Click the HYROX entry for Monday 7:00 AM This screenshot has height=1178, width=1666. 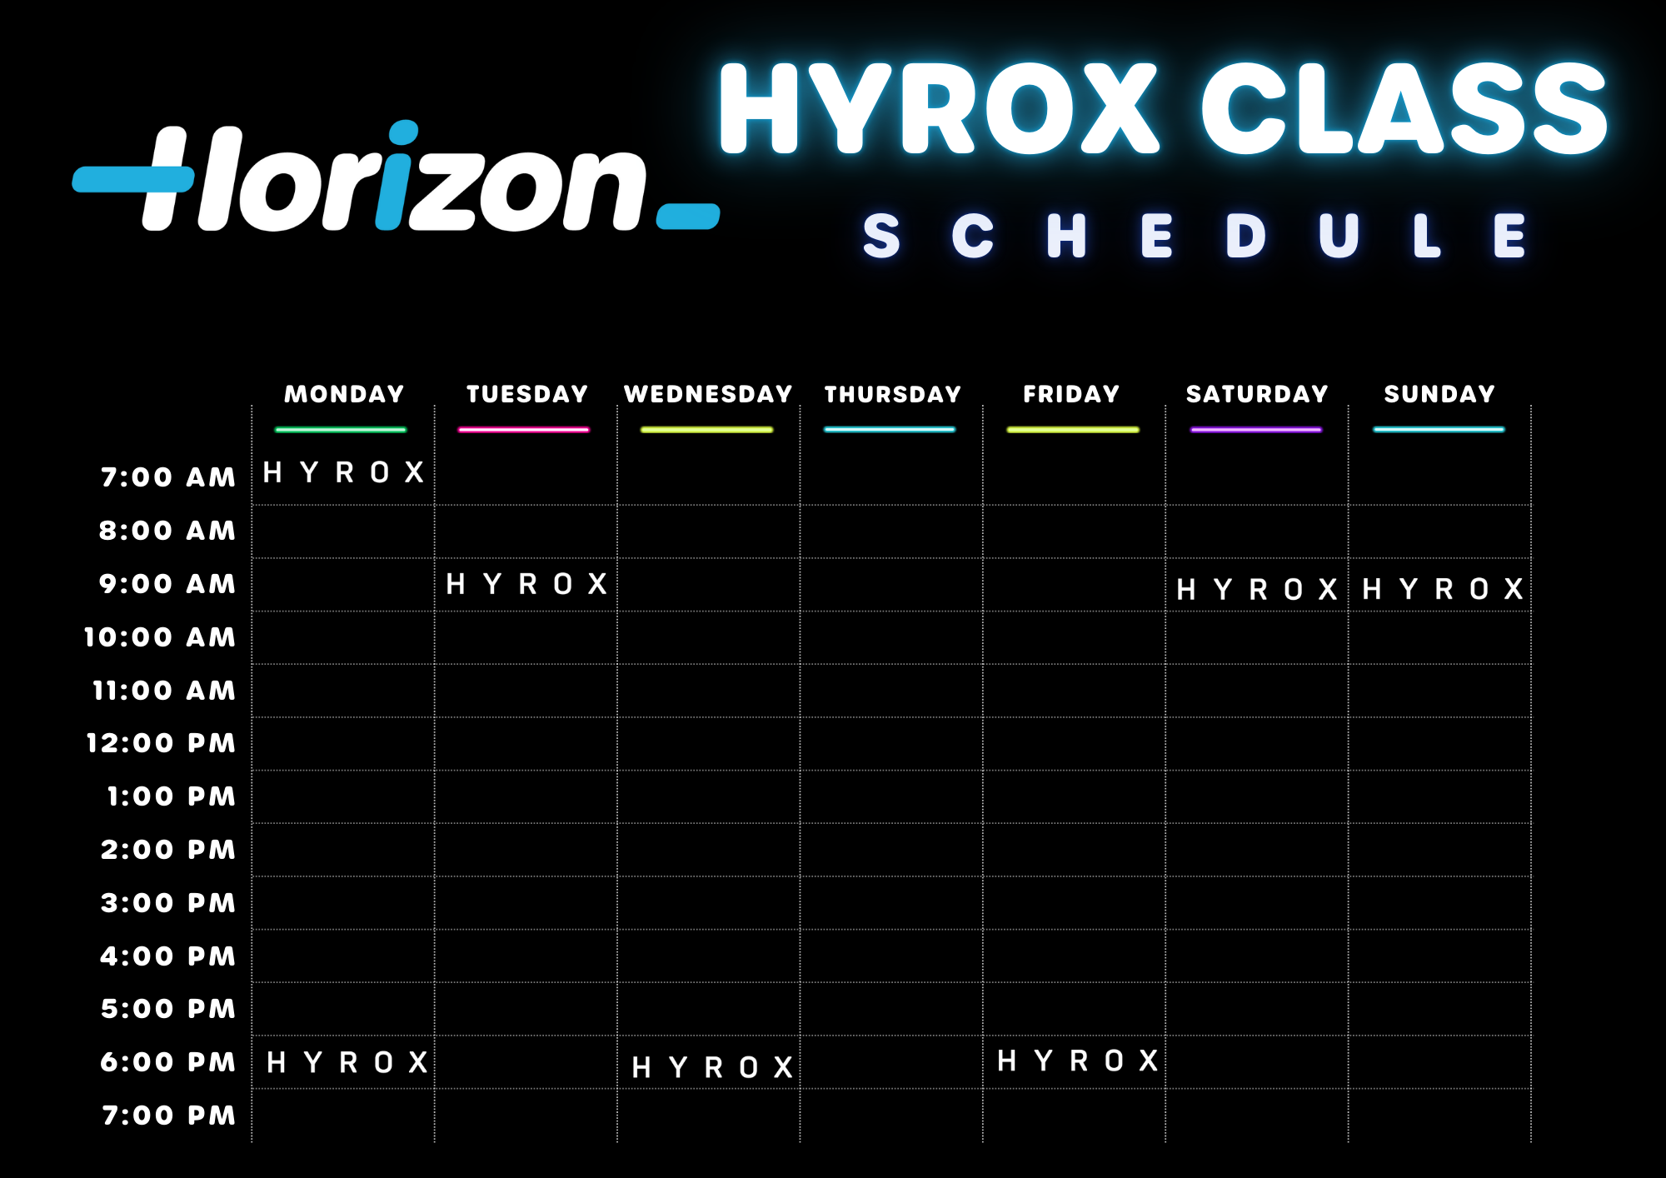point(343,472)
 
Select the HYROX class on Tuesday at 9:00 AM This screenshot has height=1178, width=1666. point(526,584)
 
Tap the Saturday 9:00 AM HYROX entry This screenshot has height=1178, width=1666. point(1256,590)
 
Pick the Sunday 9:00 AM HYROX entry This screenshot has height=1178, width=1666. point(1442,589)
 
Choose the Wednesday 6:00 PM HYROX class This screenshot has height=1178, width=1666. point(712,1067)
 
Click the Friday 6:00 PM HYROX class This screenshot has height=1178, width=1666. point(1077,1061)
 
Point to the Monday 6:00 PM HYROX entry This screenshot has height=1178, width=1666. point(347,1062)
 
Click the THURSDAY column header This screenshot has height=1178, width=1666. point(892,394)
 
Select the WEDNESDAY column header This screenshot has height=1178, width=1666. point(708,394)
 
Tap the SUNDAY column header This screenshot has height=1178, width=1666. point(1439,394)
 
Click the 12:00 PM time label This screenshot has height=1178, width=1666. point(162,743)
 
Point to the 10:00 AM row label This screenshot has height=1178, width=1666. point(160,637)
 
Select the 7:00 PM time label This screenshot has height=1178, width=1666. point(169,1116)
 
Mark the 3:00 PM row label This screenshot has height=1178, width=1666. point(168,903)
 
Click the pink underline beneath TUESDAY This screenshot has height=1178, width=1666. point(524,430)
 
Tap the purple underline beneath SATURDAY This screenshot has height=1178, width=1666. point(1256,430)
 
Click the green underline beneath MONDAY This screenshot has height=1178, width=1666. point(341,430)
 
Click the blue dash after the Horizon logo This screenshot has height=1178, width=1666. point(688,216)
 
